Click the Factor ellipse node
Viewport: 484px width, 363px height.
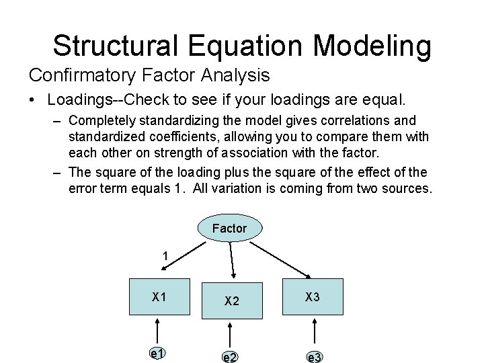click(x=229, y=228)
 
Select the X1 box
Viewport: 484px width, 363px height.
click(x=159, y=296)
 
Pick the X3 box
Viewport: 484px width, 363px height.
click(x=313, y=296)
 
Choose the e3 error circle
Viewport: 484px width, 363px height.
click(x=314, y=356)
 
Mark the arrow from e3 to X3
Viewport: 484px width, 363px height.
click(x=313, y=331)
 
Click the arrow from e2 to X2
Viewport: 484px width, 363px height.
click(x=231, y=333)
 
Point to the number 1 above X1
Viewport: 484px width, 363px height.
click(x=165, y=256)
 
